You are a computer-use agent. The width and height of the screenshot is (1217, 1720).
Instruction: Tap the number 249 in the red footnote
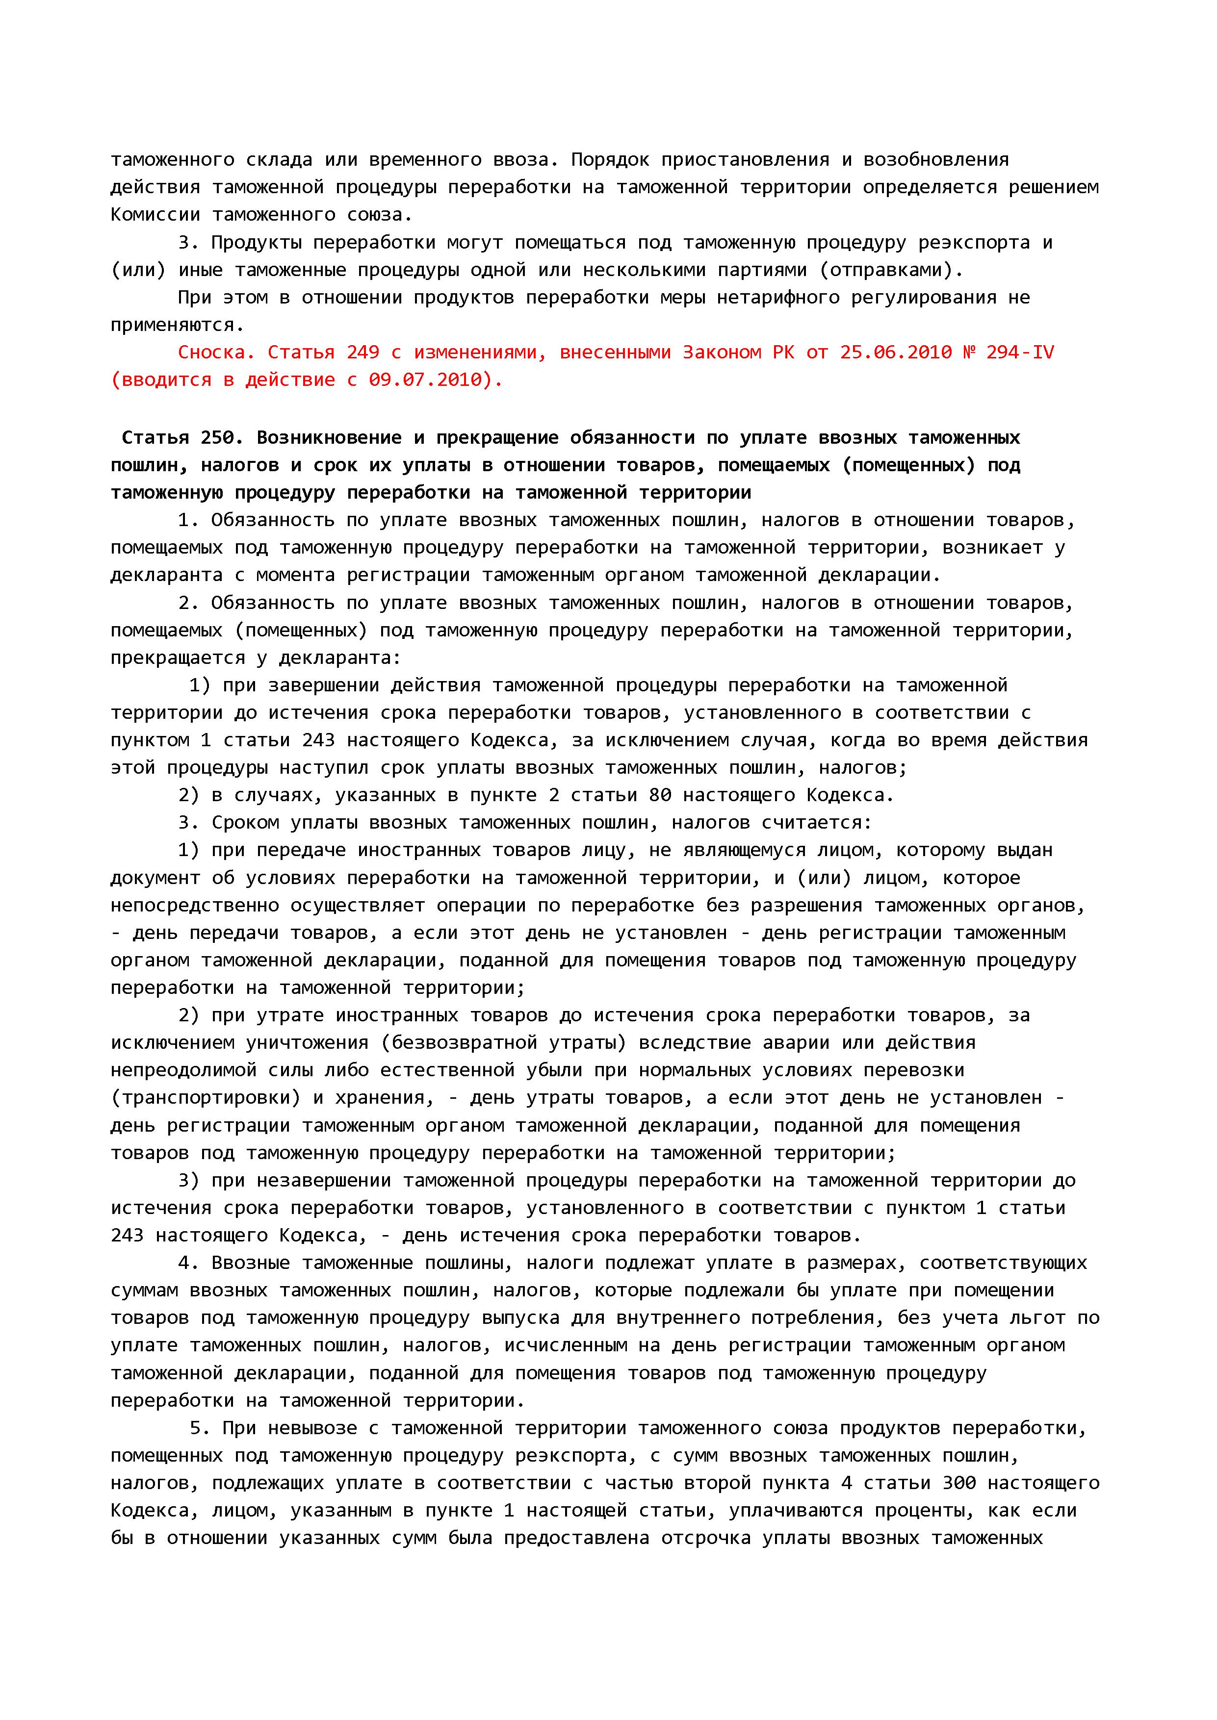[x=363, y=352]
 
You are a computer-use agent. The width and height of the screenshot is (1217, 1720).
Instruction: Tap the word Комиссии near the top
[x=155, y=215]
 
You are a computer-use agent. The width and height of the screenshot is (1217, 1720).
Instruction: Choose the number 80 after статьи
[x=660, y=795]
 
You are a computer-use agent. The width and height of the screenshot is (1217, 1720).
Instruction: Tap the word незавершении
[x=324, y=1181]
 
